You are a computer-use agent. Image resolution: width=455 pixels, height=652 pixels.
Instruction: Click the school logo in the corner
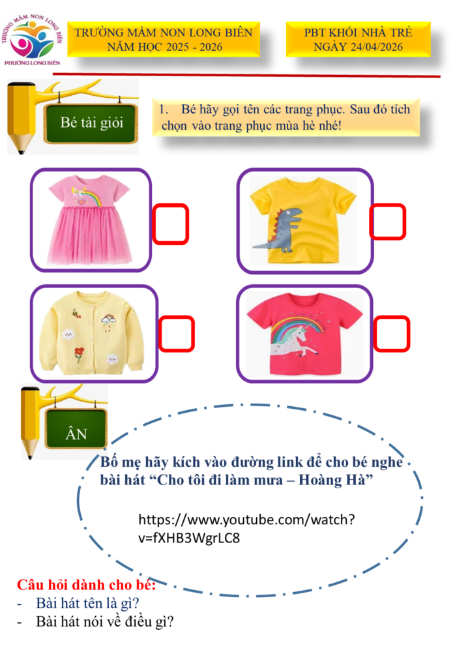pyautogui.click(x=33, y=40)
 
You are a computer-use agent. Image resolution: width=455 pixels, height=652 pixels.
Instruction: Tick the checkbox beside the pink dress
pyautogui.click(x=171, y=224)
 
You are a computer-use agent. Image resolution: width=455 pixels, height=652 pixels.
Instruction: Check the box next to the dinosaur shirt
pyautogui.click(x=387, y=222)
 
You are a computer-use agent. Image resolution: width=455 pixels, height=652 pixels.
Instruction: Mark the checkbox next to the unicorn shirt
pyautogui.click(x=391, y=334)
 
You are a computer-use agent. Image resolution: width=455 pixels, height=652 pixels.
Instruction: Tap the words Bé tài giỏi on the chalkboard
pyautogui.click(x=91, y=123)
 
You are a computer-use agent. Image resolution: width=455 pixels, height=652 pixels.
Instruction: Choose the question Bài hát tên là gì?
pyautogui.click(x=87, y=604)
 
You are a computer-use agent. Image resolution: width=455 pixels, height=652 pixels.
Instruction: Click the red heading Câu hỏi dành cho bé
pyautogui.click(x=86, y=584)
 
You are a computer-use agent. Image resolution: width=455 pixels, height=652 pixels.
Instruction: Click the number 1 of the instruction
pyautogui.click(x=163, y=110)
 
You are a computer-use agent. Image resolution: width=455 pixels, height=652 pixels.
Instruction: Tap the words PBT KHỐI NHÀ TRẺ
pyautogui.click(x=358, y=33)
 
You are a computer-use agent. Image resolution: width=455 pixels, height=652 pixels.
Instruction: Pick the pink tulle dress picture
pyautogui.click(x=89, y=220)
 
